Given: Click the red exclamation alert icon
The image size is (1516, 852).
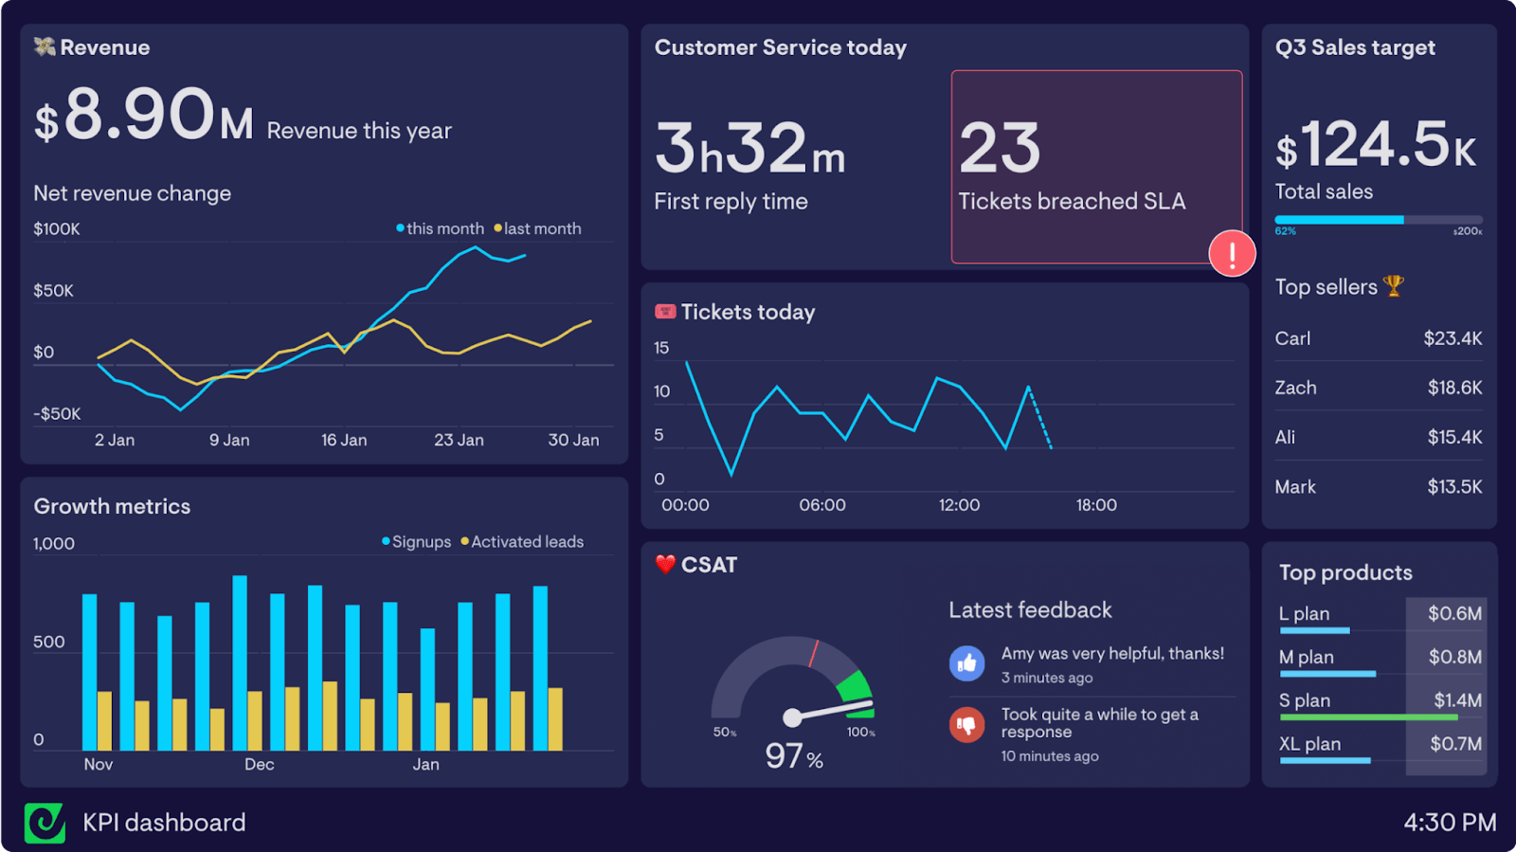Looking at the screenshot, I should [x=1232, y=254].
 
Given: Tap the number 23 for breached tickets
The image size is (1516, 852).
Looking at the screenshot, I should [x=1000, y=149].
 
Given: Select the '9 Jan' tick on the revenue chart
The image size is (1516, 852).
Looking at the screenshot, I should [x=229, y=440].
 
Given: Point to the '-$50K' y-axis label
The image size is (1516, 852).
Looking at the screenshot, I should [x=57, y=413].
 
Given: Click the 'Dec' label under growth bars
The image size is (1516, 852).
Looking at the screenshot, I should [x=259, y=764].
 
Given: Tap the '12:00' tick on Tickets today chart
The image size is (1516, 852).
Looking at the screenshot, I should [x=959, y=505].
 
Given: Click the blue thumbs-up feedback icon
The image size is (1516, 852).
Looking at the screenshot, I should [x=966, y=663].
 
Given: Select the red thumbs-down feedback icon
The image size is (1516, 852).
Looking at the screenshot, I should [x=966, y=725].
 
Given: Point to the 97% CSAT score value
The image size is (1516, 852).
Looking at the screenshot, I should [x=793, y=756].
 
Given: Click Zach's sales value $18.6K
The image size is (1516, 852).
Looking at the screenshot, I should [x=1454, y=388].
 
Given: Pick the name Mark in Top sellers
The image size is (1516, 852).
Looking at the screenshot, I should [x=1294, y=486].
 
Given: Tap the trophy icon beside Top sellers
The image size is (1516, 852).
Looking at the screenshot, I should [x=1393, y=285].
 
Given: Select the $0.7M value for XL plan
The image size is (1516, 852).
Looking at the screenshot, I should [x=1455, y=744].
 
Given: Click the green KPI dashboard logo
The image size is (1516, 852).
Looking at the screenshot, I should [x=45, y=823].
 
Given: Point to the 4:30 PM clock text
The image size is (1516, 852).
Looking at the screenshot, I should [x=1450, y=823].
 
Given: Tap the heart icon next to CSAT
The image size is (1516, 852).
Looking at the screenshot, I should [x=665, y=564].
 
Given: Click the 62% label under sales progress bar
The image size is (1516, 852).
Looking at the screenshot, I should [x=1285, y=231].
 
